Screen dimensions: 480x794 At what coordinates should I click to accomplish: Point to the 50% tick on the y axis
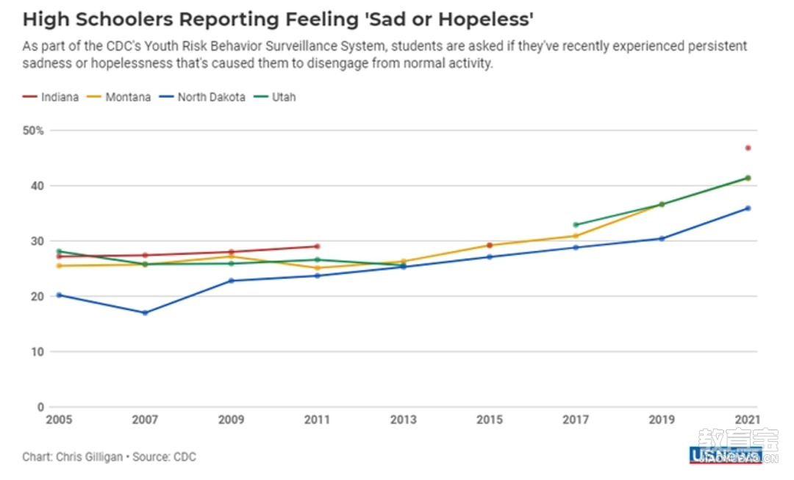[34, 131]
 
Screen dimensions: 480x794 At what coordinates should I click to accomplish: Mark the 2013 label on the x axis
[403, 420]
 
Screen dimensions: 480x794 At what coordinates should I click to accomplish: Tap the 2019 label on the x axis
[662, 420]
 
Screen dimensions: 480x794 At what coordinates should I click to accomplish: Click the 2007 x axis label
[145, 420]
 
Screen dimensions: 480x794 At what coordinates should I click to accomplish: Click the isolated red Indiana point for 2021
[748, 148]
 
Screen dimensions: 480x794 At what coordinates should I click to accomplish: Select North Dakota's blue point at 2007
[145, 313]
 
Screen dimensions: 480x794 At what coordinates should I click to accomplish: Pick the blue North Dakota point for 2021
[748, 208]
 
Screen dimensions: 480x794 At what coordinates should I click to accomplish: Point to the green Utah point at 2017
[576, 225]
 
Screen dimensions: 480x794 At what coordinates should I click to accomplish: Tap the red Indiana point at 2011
[317, 246]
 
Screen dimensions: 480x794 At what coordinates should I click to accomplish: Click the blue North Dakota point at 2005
[59, 295]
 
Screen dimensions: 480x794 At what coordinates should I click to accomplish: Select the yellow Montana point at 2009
[231, 257]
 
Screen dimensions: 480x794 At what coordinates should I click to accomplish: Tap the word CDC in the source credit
[184, 457]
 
